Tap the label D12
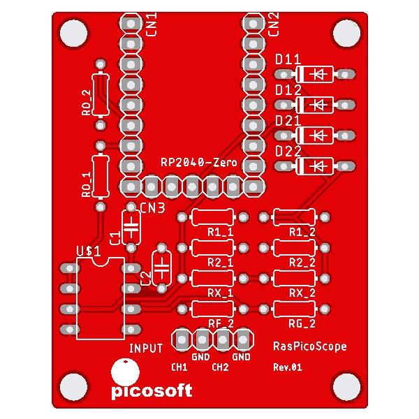point(288,91)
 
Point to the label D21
point(288,121)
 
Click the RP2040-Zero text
point(199,162)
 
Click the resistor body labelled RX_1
point(212,278)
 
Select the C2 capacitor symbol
point(162,267)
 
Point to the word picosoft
point(152,390)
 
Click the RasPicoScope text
point(309,346)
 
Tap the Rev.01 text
point(287,367)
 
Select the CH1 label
point(179,367)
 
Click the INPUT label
point(145,347)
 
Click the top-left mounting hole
point(73,32)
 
